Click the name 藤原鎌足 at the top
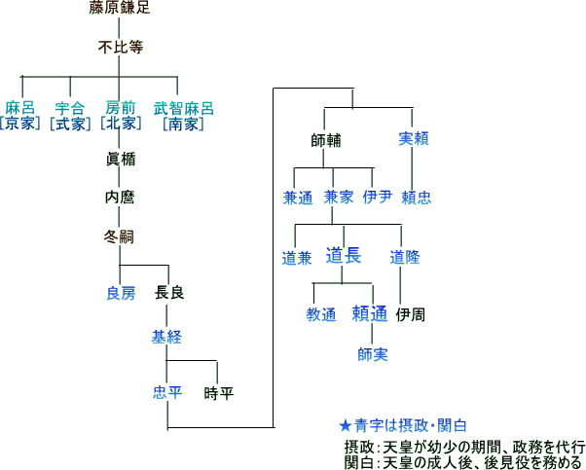118,11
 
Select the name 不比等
118,46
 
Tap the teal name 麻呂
19,107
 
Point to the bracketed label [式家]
69,124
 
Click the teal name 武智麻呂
183,107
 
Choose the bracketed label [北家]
120,124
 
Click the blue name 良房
121,293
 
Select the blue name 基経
165,337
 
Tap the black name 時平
218,393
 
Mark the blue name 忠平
167,393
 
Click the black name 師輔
325,139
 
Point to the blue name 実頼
415,139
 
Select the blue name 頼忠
416,198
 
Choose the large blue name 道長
343,256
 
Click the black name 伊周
410,315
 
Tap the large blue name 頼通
370,314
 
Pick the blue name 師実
372,354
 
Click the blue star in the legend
344,426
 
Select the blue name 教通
320,315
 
